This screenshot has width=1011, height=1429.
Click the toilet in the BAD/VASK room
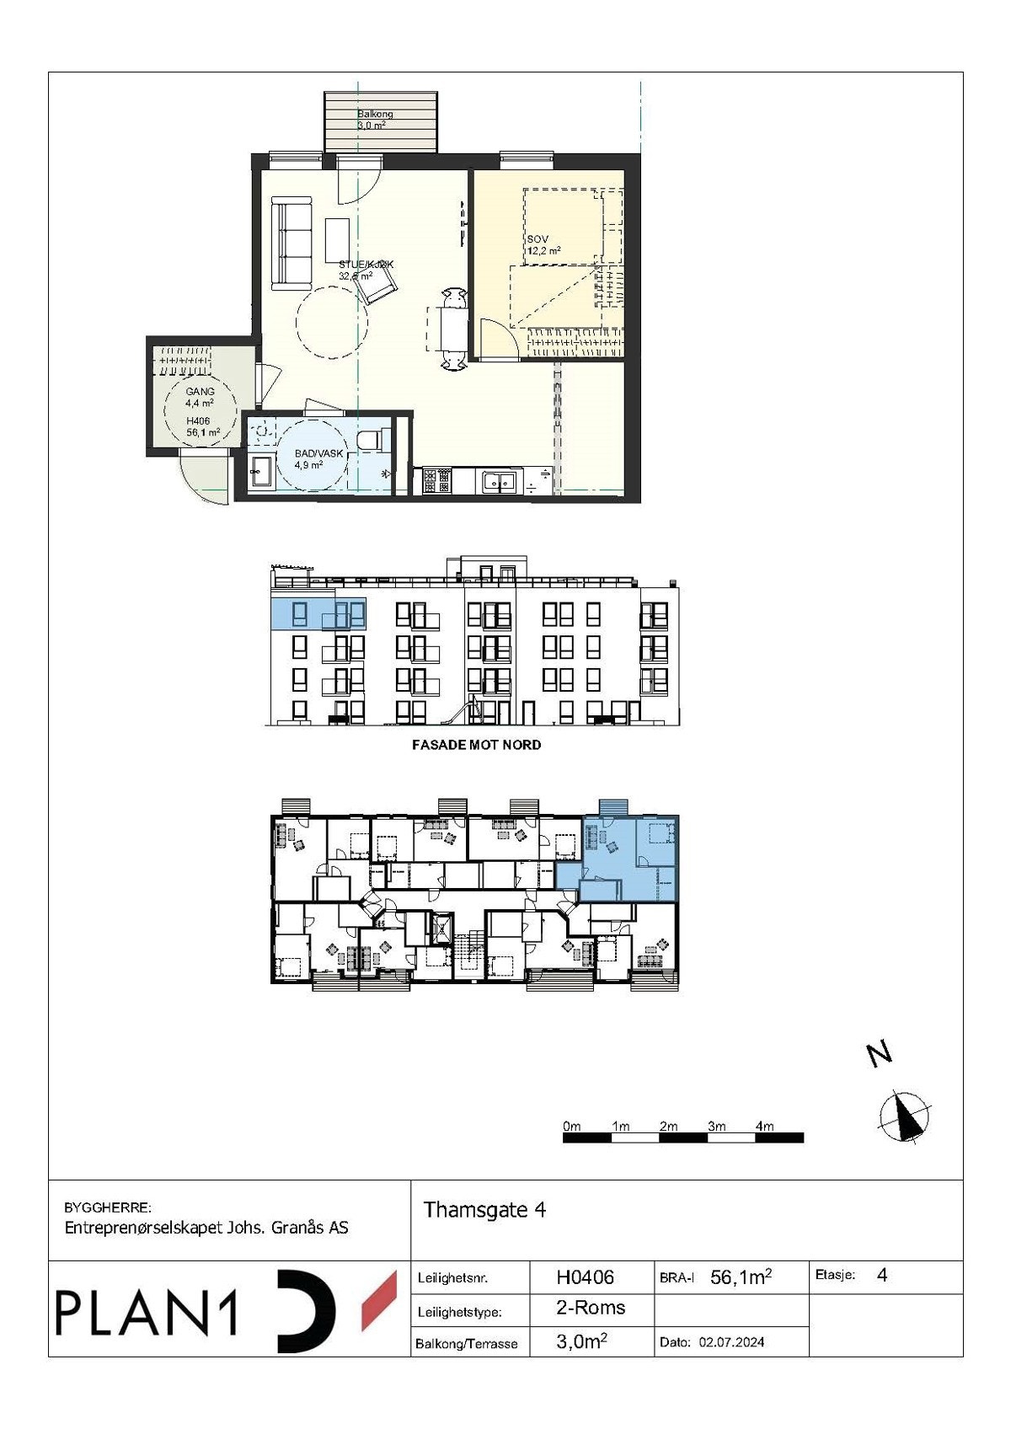[372, 441]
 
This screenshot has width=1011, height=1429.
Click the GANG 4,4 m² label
[200, 397]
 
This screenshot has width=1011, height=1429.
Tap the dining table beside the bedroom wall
[453, 329]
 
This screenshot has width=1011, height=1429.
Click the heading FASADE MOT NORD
[476, 745]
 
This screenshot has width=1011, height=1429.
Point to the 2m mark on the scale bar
[669, 1127]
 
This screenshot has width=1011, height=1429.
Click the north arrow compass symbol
[905, 1117]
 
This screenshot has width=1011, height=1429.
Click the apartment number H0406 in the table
[585, 1277]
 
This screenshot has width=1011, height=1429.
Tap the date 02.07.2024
[731, 1342]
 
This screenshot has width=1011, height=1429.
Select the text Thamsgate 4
[484, 1210]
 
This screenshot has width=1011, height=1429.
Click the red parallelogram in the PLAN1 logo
[379, 1302]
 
